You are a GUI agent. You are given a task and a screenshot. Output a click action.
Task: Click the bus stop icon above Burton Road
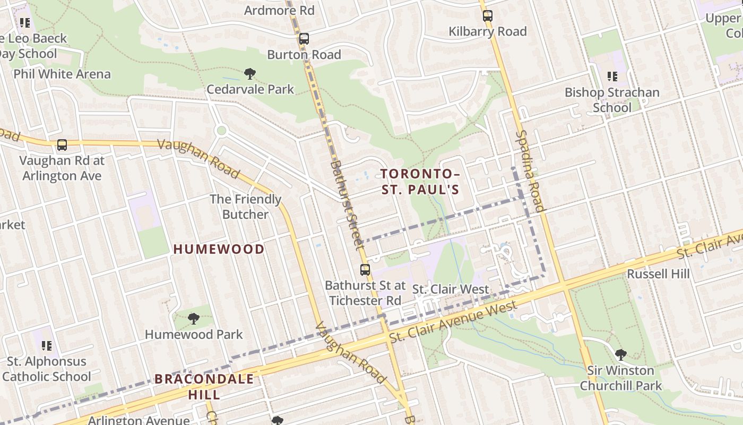coord(304,39)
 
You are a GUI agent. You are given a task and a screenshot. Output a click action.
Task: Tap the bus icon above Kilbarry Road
coord(487,16)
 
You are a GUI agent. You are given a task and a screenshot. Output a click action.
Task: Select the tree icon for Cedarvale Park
coord(249,73)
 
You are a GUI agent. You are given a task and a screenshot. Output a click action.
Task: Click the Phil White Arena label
coord(62,74)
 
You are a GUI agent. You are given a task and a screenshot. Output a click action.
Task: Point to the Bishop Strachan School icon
coord(612,76)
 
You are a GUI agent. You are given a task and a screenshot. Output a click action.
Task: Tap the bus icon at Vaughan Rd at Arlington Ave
coord(62,144)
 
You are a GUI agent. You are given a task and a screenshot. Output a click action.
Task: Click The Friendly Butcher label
coord(245,207)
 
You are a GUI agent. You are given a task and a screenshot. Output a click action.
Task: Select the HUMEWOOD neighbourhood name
coord(219,249)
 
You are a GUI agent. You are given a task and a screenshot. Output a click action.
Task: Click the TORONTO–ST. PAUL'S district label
coord(419,182)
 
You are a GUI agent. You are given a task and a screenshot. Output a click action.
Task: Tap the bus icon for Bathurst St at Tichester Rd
coord(365,269)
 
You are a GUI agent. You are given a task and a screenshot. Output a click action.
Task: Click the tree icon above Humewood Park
coord(193,319)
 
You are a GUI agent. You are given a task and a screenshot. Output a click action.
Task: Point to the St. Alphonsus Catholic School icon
coord(47,346)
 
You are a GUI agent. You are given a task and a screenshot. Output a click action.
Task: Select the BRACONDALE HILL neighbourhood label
coord(204,387)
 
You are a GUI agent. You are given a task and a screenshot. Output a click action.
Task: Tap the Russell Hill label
coord(658,274)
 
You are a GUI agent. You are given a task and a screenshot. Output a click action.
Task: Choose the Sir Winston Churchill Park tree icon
coord(620,354)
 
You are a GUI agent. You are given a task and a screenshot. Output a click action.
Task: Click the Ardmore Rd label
coord(279,10)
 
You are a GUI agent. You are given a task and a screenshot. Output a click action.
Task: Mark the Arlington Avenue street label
coord(140,420)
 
